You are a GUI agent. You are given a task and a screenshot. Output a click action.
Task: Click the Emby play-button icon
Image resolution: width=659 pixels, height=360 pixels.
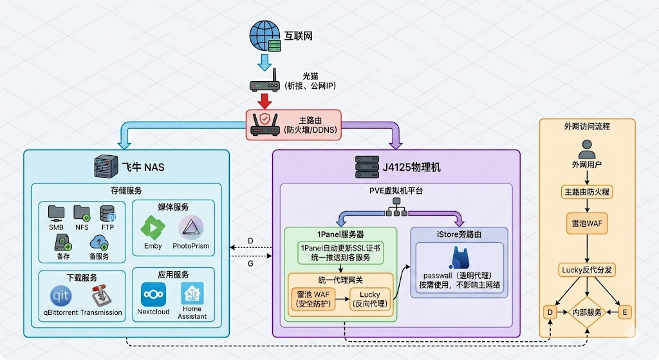(x=153, y=229)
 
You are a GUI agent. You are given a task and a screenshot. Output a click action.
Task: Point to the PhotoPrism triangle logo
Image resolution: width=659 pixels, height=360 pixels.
(x=190, y=229)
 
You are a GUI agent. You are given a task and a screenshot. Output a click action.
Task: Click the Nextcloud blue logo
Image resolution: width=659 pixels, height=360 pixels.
(x=153, y=294)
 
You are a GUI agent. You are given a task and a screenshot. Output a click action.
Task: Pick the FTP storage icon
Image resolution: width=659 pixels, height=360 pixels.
(x=107, y=213)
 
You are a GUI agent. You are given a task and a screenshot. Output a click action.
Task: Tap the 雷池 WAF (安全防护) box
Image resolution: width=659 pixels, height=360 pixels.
(x=313, y=299)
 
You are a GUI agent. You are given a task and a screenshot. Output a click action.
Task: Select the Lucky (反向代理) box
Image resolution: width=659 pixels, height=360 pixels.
(x=370, y=299)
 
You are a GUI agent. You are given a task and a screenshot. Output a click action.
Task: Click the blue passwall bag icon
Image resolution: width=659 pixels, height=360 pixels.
(x=460, y=258)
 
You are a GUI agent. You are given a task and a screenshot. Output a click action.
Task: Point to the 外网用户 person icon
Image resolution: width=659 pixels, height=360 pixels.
(x=585, y=151)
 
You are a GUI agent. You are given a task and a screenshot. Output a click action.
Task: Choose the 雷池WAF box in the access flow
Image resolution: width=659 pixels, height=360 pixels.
(x=586, y=223)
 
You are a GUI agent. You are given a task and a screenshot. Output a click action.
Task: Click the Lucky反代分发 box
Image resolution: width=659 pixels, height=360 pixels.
(x=586, y=270)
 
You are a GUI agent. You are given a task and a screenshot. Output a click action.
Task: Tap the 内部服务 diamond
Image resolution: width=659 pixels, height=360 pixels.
(x=586, y=312)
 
